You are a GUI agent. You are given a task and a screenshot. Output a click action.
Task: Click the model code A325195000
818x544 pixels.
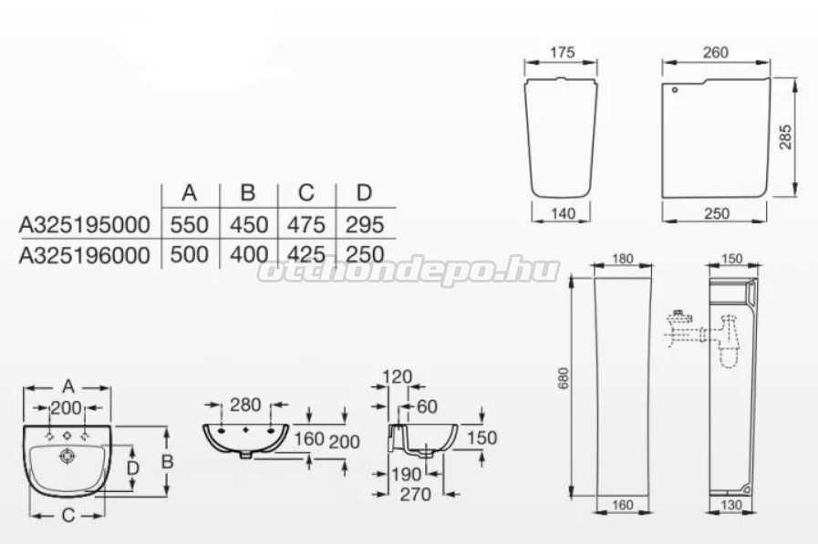point(85,225)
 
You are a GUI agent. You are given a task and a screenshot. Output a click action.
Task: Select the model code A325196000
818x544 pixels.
point(85,255)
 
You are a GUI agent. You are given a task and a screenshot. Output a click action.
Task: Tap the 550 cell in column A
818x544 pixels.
point(190,225)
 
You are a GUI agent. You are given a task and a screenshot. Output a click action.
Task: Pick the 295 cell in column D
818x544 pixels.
point(365,225)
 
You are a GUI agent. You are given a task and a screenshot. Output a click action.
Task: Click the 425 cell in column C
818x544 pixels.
point(306,255)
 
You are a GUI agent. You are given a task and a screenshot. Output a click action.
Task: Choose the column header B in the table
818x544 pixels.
point(248,193)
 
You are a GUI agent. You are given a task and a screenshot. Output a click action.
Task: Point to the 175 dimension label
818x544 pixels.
point(563,52)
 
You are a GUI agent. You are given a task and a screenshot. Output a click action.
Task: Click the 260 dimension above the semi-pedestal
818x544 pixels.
point(715,52)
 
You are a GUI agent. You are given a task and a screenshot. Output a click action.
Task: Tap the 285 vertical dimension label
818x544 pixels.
point(786,137)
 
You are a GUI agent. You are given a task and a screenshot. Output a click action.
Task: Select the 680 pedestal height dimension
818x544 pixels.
point(564,378)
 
